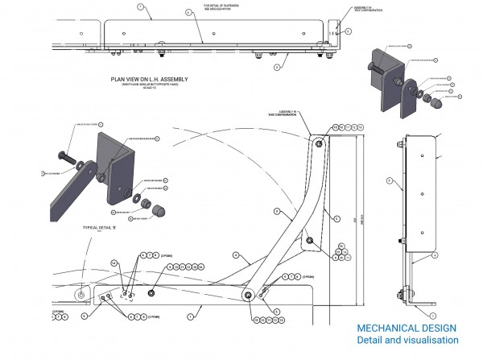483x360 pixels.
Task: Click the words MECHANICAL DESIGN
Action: point(407,328)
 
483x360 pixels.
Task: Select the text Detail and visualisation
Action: point(407,341)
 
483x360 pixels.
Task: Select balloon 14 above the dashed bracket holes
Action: point(114,263)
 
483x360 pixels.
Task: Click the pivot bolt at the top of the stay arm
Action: point(320,143)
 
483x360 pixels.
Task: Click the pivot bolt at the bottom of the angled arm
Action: point(249,295)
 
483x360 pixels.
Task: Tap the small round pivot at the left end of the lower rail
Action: point(79,296)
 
